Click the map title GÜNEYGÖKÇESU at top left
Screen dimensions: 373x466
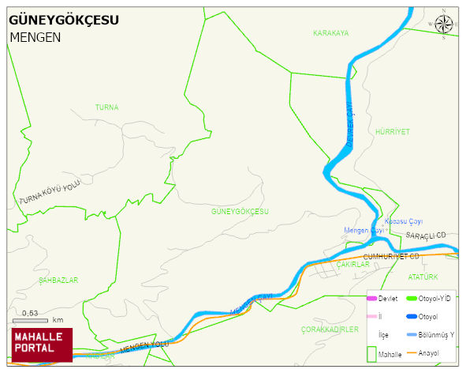click(x=64, y=21)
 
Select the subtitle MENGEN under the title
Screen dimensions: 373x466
click(x=35, y=37)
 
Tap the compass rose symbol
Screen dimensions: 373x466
click(x=444, y=26)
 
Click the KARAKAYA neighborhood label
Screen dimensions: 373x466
click(x=330, y=33)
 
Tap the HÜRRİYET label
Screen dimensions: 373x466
click(x=393, y=132)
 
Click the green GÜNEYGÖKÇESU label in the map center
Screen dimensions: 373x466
click(x=240, y=212)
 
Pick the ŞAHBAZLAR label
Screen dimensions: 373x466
click(x=58, y=281)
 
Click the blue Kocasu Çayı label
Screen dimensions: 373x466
click(x=404, y=221)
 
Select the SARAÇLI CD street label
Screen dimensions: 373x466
click(x=426, y=235)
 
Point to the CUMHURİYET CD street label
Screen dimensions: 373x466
click(x=391, y=257)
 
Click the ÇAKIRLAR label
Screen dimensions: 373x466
click(x=352, y=266)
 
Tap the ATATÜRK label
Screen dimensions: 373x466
click(x=423, y=277)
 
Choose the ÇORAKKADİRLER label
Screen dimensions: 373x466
click(x=330, y=329)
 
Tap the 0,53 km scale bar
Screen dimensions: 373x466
click(x=35, y=319)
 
